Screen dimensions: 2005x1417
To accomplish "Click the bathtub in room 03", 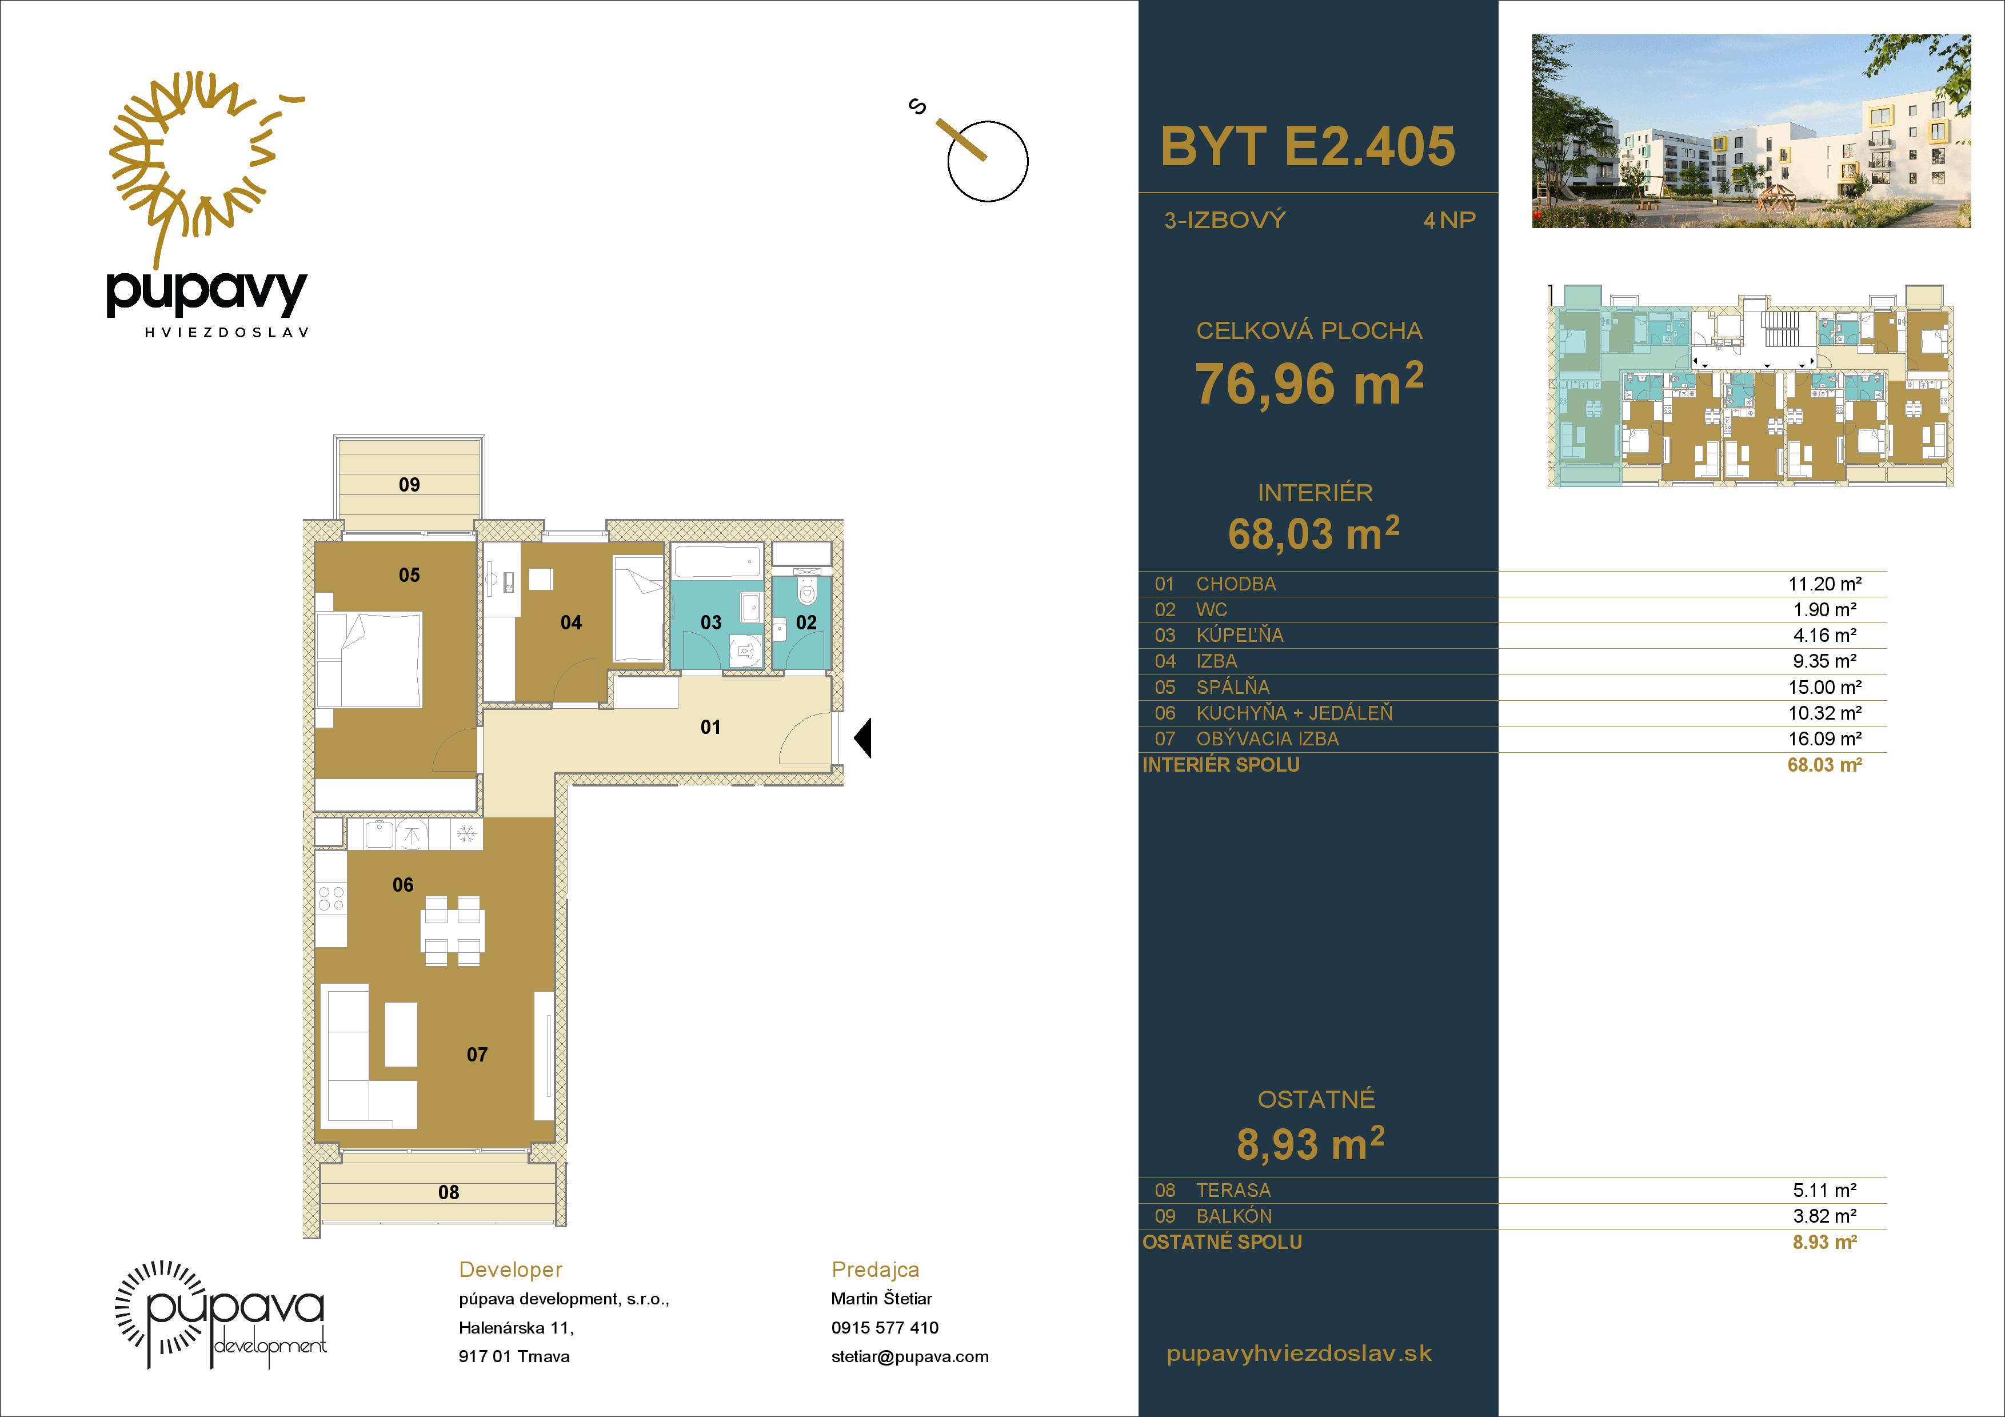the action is tap(716, 561).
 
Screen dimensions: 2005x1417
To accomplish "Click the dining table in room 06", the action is tap(452, 931).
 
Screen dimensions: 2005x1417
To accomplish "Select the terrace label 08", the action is tap(448, 1192).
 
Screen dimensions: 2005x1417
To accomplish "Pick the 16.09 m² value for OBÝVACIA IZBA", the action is tap(1824, 739).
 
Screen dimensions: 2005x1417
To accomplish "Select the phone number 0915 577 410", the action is tap(885, 1327).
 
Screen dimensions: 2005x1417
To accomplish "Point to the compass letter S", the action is tap(917, 107).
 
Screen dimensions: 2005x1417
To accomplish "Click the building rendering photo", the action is tap(1751, 131).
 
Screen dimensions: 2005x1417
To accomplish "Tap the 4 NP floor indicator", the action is tap(1449, 220).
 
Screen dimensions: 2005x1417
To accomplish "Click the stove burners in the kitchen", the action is tap(331, 899).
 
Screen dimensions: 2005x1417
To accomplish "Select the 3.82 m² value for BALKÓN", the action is tap(1824, 1216).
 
